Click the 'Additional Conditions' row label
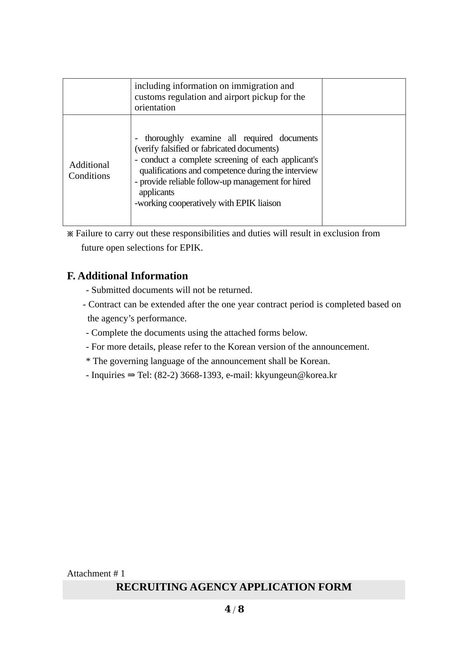pos(89,170)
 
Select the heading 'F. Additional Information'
pos(127,276)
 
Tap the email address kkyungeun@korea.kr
pos(296,375)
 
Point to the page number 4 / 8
pos(234,609)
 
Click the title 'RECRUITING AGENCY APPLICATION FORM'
pos(234,587)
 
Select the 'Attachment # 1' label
pos(96,573)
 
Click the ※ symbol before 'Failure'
pos(70,234)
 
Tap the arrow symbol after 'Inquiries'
pos(132,375)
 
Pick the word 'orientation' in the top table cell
pos(155,107)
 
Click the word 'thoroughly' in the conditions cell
pos(164,138)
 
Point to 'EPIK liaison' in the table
pos(258,203)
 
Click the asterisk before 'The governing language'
pos(88,361)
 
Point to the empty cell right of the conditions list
pos(364,170)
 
